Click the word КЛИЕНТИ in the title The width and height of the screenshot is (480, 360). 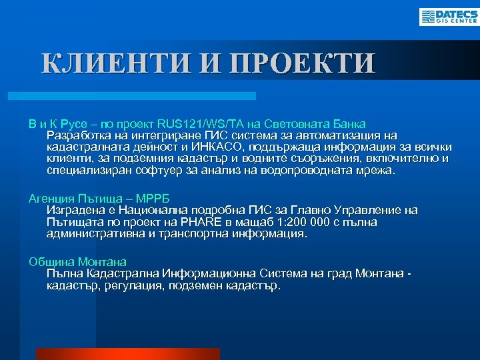coord(114,63)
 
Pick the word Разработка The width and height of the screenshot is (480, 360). coord(75,135)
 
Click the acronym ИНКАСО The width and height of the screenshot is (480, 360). coord(219,147)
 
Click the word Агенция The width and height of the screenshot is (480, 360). coord(51,198)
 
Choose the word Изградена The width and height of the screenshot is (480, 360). coord(73,210)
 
